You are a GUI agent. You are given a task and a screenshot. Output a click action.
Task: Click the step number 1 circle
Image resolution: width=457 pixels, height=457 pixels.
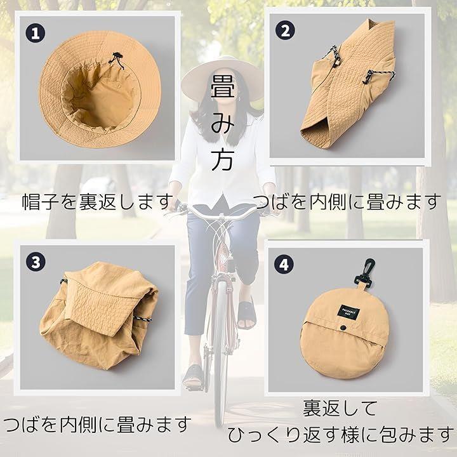pyautogui.click(x=36, y=33)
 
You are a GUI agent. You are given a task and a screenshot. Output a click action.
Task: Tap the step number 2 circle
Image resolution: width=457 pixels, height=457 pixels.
pyautogui.click(x=285, y=30)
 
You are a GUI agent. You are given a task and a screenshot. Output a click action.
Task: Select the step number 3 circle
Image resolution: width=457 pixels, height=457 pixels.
pyautogui.click(x=36, y=262)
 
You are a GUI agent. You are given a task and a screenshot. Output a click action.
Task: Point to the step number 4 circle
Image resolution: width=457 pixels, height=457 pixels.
pyautogui.click(x=284, y=264)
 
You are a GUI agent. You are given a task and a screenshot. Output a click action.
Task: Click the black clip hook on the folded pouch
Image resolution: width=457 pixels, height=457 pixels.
pyautogui.click(x=364, y=272)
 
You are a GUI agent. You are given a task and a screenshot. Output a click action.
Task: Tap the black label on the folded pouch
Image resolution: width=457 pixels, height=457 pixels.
pyautogui.click(x=348, y=312)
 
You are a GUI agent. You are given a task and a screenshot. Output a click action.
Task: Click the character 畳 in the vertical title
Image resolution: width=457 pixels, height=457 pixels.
pyautogui.click(x=222, y=87)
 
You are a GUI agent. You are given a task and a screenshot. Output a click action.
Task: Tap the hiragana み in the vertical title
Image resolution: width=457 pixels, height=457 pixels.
pyautogui.click(x=222, y=123)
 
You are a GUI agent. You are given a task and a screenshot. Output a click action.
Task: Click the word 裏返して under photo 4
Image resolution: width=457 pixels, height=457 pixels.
pyautogui.click(x=340, y=408)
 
